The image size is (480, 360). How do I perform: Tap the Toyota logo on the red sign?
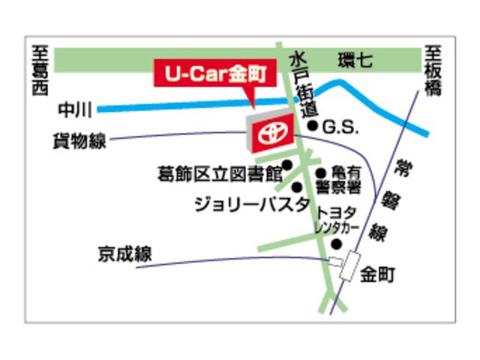point(268,133)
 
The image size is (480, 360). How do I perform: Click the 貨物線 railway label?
point(79,140)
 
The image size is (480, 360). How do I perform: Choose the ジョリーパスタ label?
point(251,203)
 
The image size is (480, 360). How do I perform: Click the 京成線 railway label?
point(124,254)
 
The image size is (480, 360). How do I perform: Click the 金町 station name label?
point(377,274)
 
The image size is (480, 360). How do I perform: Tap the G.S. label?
point(341,127)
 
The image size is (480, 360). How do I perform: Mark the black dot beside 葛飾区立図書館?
point(287,164)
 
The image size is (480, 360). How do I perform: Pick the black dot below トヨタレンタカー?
point(337,243)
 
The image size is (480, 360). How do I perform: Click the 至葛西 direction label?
point(40,71)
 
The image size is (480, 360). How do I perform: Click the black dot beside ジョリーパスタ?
point(297,187)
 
